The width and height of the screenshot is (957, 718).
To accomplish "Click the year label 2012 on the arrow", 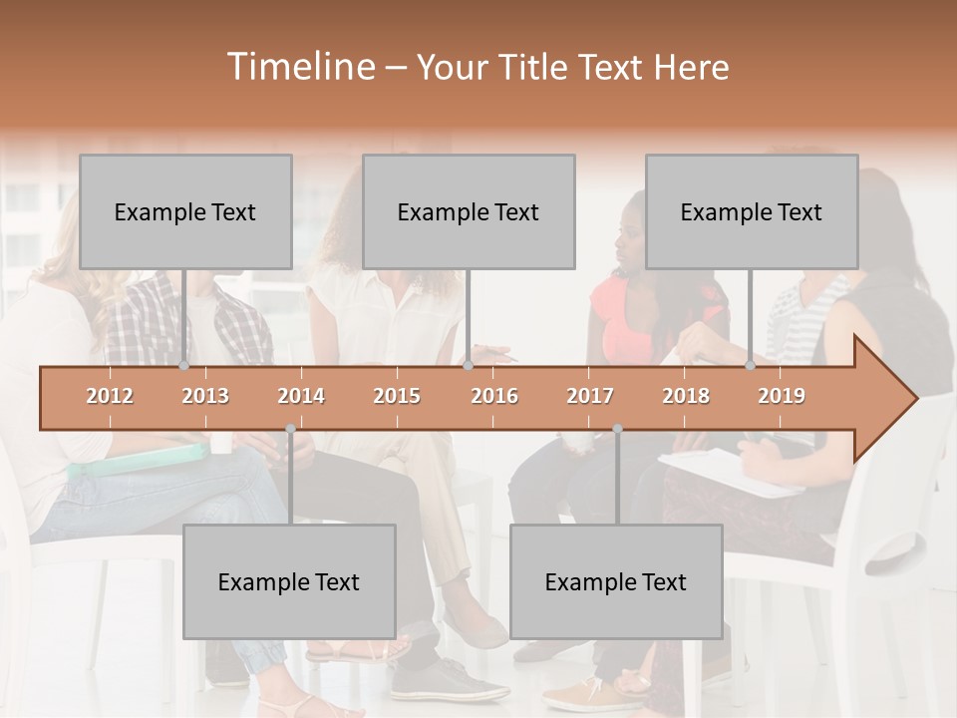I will [110, 396].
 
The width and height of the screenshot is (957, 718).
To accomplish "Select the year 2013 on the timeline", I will [205, 396].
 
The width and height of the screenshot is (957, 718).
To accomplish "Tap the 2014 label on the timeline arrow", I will [301, 396].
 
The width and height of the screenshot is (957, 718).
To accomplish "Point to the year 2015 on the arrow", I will [397, 396].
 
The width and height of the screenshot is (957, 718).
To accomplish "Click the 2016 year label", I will [494, 396].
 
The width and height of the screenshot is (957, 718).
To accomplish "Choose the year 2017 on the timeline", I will [590, 396].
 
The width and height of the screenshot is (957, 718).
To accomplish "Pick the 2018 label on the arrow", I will [686, 396].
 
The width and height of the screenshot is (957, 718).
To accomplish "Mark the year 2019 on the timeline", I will [782, 396].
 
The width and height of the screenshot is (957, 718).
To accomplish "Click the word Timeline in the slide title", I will [299, 67].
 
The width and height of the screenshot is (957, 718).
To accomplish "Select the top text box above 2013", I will [185, 211].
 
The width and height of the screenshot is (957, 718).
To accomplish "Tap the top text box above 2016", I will [469, 211].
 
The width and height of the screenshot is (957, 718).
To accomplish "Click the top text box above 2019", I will [752, 211].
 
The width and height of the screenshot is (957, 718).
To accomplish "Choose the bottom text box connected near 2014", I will [289, 581].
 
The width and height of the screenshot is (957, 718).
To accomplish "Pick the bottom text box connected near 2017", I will [616, 581].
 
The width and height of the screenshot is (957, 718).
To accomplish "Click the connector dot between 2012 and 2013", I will [183, 366].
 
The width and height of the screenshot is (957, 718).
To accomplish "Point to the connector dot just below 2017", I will [617, 429].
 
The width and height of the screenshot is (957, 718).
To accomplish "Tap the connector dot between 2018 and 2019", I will [750, 366].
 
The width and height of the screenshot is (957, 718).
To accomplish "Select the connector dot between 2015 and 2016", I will [468, 366].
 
